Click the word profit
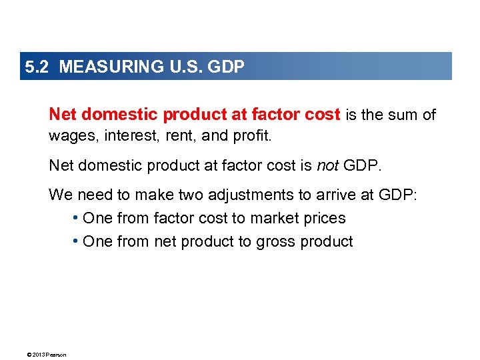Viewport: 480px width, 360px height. pyautogui.click(x=251, y=137)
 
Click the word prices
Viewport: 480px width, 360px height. pyautogui.click(x=324, y=219)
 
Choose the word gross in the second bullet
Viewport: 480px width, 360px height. pyautogui.click(x=277, y=241)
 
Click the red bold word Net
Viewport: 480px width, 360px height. pyautogui.click(x=63, y=115)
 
